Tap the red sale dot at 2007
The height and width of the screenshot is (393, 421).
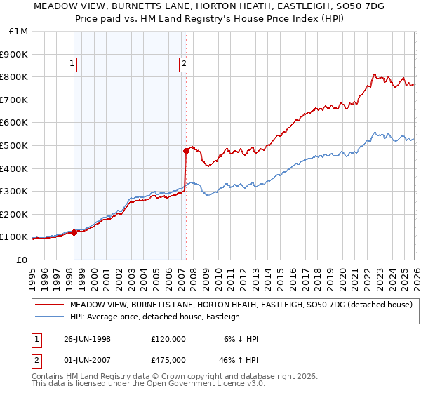click(x=186, y=150)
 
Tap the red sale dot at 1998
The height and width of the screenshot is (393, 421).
click(x=74, y=232)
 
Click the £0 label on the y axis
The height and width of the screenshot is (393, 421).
click(x=22, y=260)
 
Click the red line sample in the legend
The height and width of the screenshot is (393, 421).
click(x=50, y=305)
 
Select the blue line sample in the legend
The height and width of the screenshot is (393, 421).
click(x=50, y=317)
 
